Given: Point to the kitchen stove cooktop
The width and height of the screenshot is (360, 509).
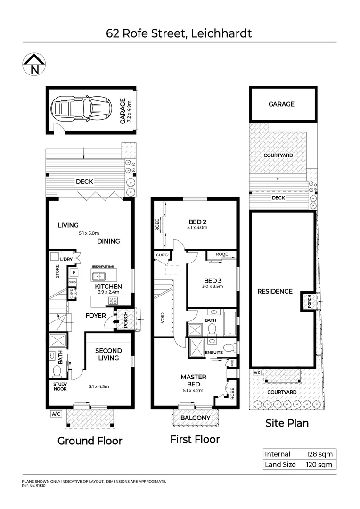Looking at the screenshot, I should click(x=114, y=301).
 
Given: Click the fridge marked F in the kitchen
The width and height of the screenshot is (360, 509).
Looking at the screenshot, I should click(x=73, y=272).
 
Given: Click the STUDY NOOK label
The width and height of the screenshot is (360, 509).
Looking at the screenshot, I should click(x=57, y=386).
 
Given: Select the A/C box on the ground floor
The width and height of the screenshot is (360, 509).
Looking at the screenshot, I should click(x=56, y=414).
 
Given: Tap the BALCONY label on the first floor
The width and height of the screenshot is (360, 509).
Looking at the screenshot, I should click(x=195, y=418).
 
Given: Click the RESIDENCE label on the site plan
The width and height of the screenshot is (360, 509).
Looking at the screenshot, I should click(x=275, y=291).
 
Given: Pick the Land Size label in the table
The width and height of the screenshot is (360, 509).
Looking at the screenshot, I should click(x=280, y=464).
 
